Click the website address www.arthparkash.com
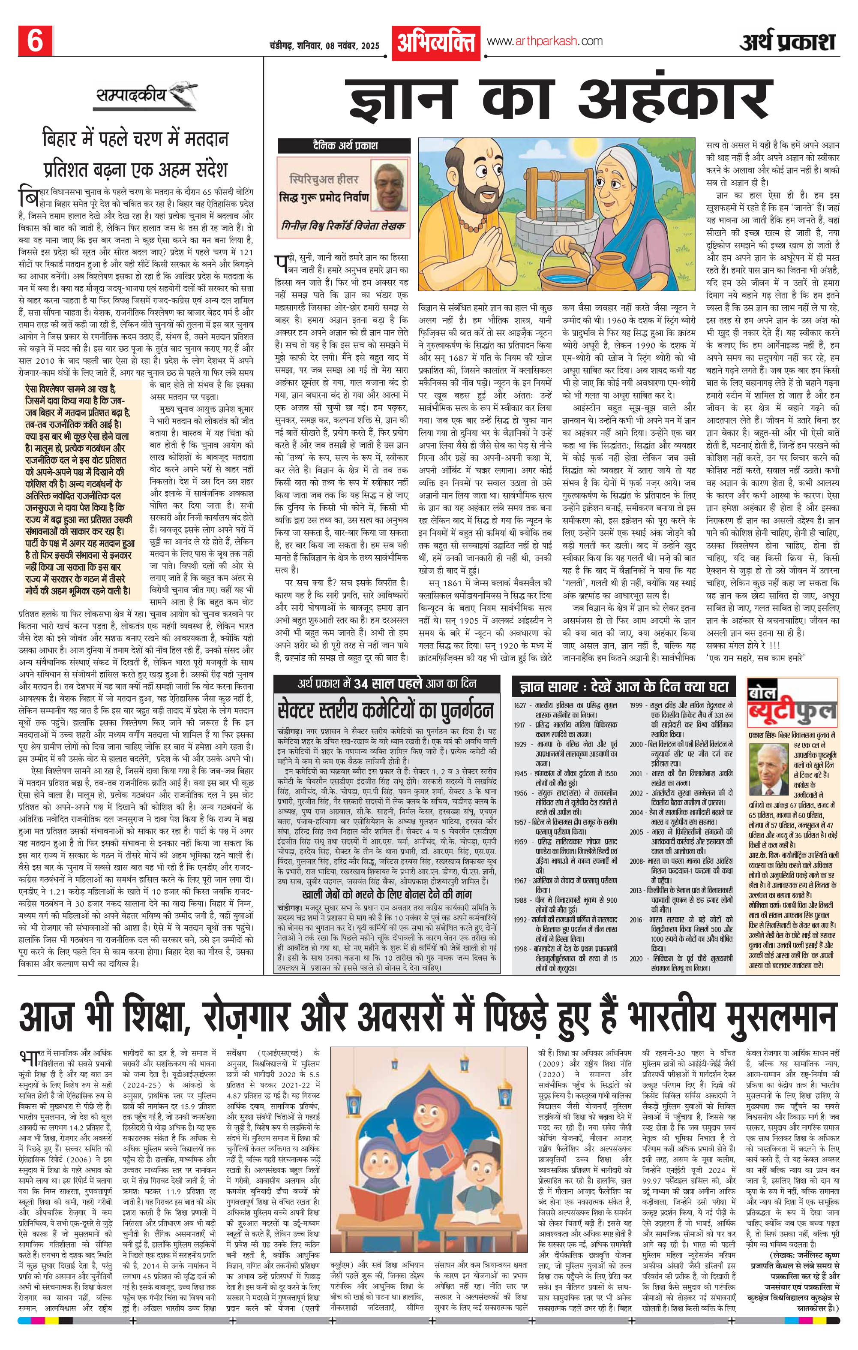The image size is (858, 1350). [545, 41]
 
